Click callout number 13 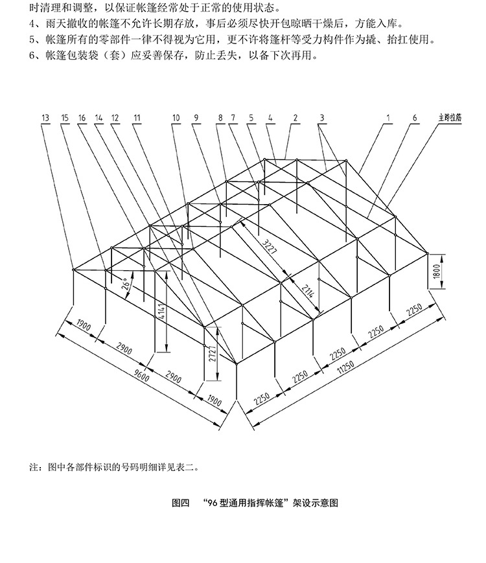click(45, 118)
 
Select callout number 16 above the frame click(82, 118)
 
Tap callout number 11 click(136, 118)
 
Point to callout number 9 click(195, 118)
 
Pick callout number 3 click(321, 118)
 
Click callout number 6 click(414, 118)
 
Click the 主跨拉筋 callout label click(448, 118)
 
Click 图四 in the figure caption click(181, 502)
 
